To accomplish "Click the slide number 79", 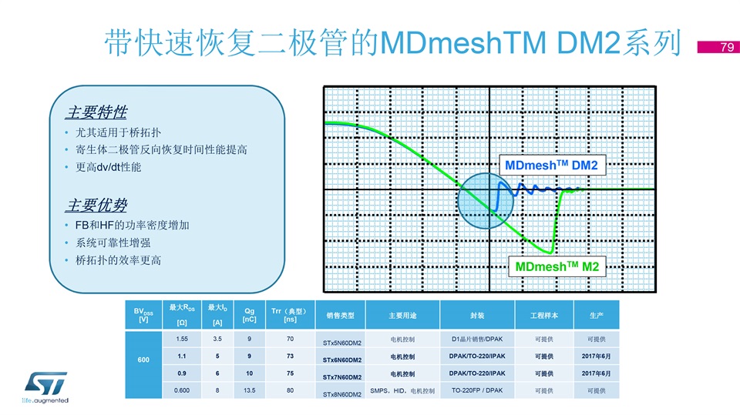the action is click(727, 47).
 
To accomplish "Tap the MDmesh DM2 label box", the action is click(552, 165).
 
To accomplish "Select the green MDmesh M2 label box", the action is click(557, 266).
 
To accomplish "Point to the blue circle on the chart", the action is click(486, 201).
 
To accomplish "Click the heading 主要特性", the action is click(96, 112).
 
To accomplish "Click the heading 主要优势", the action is click(96, 205).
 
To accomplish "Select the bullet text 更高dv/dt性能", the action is click(108, 167).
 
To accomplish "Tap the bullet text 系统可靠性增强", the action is click(113, 243).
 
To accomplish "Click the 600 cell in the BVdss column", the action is click(143, 360).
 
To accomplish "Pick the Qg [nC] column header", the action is click(249, 315).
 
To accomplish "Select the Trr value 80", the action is click(290, 390).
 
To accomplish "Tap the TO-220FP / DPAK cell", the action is click(477, 390).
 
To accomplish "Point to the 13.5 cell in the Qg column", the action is click(249, 390).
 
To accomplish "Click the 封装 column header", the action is click(477, 315).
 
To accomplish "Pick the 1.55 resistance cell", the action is click(182, 339).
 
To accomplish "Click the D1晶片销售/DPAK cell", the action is click(477, 339).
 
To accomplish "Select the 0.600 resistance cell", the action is click(182, 390).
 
